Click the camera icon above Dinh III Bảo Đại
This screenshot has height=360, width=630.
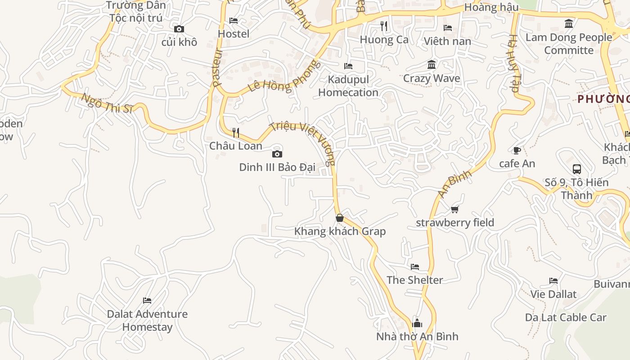(277, 154)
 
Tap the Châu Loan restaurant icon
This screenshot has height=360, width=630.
(235, 132)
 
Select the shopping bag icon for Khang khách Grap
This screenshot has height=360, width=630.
(340, 218)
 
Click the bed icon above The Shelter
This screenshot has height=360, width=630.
(415, 267)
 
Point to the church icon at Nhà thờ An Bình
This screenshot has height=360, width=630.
(417, 323)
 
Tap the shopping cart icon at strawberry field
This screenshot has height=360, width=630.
(455, 209)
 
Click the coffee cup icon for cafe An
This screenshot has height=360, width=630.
(517, 150)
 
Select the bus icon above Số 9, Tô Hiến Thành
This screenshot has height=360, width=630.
(577, 169)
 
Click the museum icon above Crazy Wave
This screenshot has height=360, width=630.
(432, 65)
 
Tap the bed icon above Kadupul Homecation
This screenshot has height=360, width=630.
(348, 66)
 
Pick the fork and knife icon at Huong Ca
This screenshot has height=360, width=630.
(384, 26)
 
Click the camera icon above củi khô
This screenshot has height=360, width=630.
(179, 29)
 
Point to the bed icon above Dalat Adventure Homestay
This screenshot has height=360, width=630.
(147, 301)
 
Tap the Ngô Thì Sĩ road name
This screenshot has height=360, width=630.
(107, 103)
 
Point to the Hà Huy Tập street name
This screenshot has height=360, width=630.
(514, 63)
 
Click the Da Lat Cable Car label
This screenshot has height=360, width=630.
(566, 317)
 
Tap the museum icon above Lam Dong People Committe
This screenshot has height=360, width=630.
(569, 23)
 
